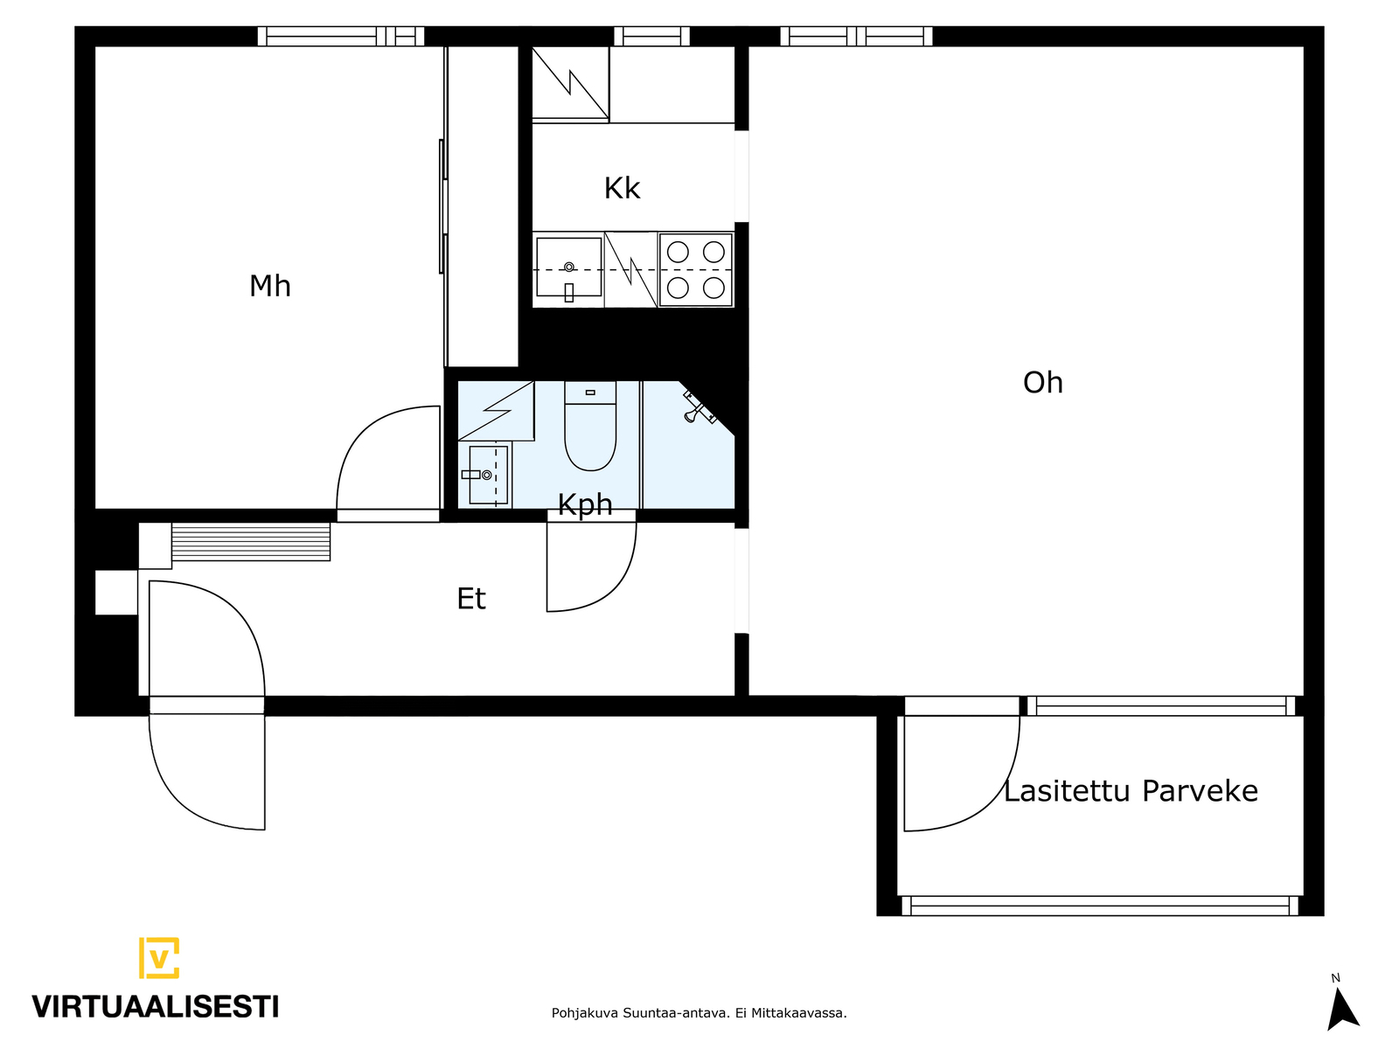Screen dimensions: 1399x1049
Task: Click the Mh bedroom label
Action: pos(269,286)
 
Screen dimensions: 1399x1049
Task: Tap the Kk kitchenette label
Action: pos(622,188)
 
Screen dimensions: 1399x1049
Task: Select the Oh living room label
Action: pos(1043,382)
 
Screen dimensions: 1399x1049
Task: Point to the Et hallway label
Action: pos(471,598)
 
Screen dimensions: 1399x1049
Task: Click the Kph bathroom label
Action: pos(584,505)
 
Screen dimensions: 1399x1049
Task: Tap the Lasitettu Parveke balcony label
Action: pos(1131,791)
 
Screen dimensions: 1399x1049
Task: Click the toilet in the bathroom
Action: pos(590,426)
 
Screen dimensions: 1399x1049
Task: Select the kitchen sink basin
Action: pos(568,267)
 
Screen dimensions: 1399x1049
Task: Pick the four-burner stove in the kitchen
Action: pos(695,269)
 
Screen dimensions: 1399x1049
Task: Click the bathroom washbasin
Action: pos(487,475)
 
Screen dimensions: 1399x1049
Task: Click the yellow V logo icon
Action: pos(159,957)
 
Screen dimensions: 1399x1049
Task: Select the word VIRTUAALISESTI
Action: pos(156,1007)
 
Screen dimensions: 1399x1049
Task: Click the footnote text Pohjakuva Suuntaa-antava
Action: pos(640,1013)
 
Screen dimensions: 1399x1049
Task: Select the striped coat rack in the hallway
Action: pos(250,542)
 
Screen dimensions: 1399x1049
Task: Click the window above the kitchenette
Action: pos(651,37)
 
